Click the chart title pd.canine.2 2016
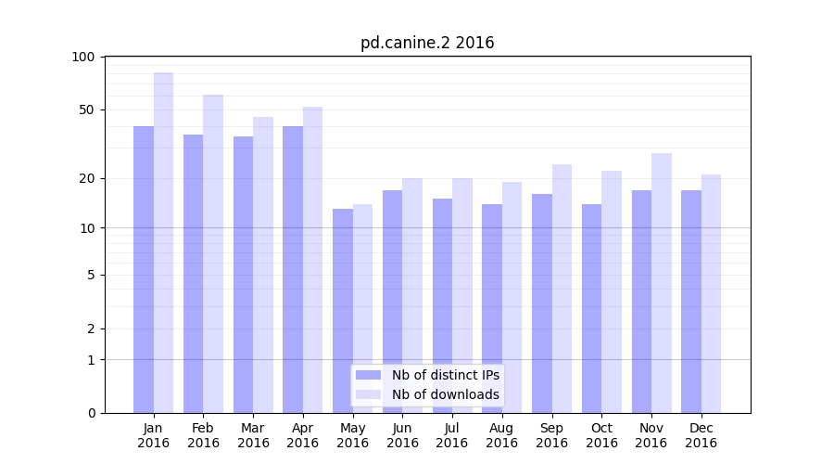[427, 44]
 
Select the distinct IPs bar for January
[144, 269]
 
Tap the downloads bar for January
[163, 242]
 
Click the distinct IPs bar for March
[243, 275]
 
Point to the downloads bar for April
[312, 260]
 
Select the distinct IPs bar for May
[343, 311]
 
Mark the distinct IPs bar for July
[442, 305]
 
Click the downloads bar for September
[562, 289]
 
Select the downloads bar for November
[662, 283]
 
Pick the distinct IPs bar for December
[691, 302]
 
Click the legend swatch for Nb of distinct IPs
[368, 375]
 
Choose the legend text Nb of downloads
[445, 394]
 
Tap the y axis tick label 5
[91, 275]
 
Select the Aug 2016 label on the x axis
[501, 435]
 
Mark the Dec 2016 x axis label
[701, 435]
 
